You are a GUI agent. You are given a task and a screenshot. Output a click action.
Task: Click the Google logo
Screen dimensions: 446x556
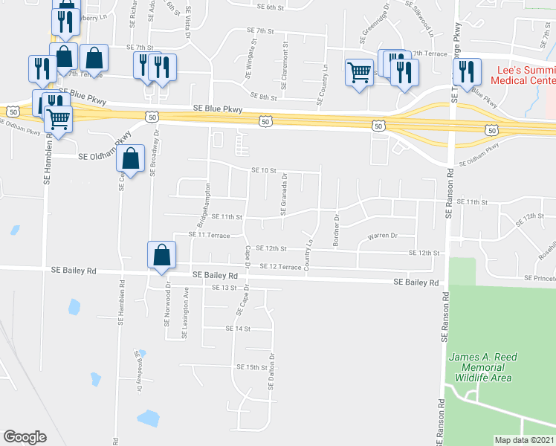click(25, 436)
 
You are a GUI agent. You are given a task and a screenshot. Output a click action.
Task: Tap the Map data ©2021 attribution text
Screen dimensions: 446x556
click(525, 440)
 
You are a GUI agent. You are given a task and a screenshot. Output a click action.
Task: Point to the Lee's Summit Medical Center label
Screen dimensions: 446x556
click(524, 75)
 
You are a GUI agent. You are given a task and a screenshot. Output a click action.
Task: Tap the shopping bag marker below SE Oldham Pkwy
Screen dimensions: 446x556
click(131, 159)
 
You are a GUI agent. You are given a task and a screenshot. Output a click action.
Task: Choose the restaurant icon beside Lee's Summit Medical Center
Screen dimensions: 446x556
click(466, 72)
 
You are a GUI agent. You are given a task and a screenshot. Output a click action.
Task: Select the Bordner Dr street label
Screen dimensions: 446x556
click(336, 232)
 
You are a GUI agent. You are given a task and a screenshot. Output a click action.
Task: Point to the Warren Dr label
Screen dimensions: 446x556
click(383, 236)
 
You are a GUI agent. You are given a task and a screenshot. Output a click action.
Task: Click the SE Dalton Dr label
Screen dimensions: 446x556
click(272, 371)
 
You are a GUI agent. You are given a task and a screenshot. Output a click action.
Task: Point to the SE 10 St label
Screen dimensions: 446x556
click(263, 170)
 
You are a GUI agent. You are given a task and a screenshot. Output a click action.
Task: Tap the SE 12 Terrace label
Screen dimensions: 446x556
click(279, 266)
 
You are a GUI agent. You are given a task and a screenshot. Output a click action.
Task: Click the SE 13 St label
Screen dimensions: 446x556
click(223, 287)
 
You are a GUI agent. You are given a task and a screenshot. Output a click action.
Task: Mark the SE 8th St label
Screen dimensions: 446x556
click(263, 97)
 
